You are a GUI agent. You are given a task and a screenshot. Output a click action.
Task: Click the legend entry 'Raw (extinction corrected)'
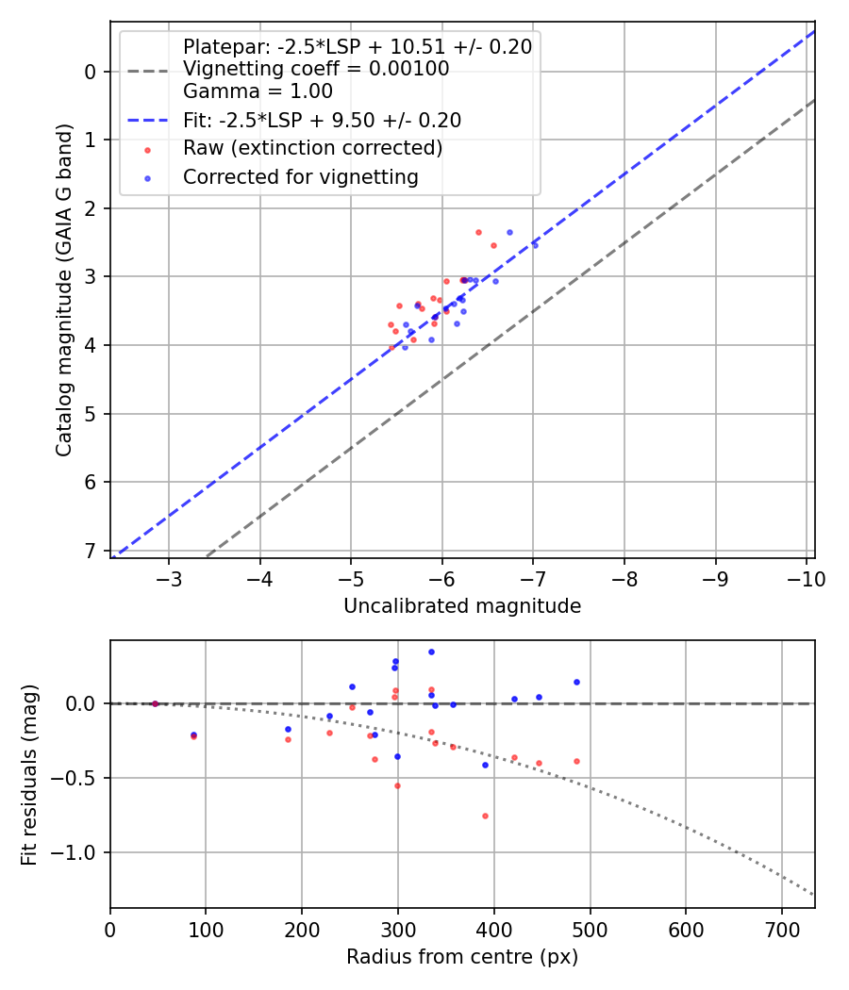click(x=312, y=148)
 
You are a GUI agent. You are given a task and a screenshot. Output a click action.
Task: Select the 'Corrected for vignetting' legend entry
click(x=301, y=176)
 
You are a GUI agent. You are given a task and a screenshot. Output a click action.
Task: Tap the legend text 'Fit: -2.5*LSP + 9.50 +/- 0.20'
click(x=322, y=120)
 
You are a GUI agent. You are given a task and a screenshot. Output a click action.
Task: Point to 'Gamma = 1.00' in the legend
click(x=258, y=91)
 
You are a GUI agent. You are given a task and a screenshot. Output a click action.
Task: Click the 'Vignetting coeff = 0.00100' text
click(x=316, y=69)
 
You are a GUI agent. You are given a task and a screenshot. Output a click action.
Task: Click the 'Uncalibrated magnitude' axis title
click(x=462, y=606)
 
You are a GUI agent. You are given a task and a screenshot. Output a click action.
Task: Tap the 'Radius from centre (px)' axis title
click(x=462, y=957)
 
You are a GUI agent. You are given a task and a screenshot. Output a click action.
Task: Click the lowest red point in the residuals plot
click(x=485, y=816)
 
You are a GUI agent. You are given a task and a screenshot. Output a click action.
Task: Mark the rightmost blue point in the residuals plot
click(x=576, y=682)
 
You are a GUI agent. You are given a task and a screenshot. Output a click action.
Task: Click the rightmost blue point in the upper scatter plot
click(x=535, y=244)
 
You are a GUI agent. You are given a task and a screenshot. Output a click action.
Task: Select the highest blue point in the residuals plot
click(x=431, y=652)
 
